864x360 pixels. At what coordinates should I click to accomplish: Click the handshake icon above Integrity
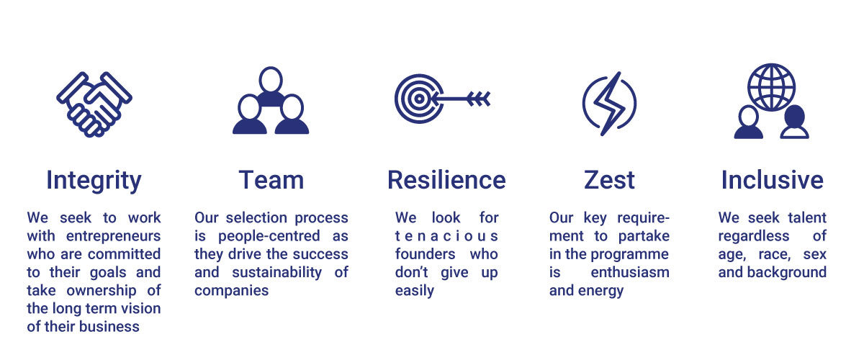[94, 104]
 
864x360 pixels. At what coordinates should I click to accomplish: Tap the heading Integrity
[94, 181]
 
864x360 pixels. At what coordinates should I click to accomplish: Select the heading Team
[271, 180]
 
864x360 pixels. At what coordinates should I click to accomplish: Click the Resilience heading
[446, 180]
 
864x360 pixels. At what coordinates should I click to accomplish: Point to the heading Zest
[609, 180]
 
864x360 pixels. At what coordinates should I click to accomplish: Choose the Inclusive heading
[772, 180]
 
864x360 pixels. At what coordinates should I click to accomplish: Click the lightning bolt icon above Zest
[609, 104]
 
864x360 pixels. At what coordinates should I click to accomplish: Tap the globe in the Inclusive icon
[771, 87]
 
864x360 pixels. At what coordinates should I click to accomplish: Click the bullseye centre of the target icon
[419, 99]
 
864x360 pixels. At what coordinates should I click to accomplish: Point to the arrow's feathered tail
[479, 99]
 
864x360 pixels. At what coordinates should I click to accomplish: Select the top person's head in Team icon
[271, 80]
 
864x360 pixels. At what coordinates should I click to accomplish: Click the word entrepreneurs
[114, 235]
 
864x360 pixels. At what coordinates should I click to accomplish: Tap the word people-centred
[269, 235]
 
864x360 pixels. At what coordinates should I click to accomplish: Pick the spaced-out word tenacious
[446, 235]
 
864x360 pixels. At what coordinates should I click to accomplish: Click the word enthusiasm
[630, 272]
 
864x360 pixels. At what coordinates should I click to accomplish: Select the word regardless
[754, 235]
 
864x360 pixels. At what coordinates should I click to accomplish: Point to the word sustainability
[277, 272]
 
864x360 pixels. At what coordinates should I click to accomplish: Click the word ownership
[102, 291]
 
